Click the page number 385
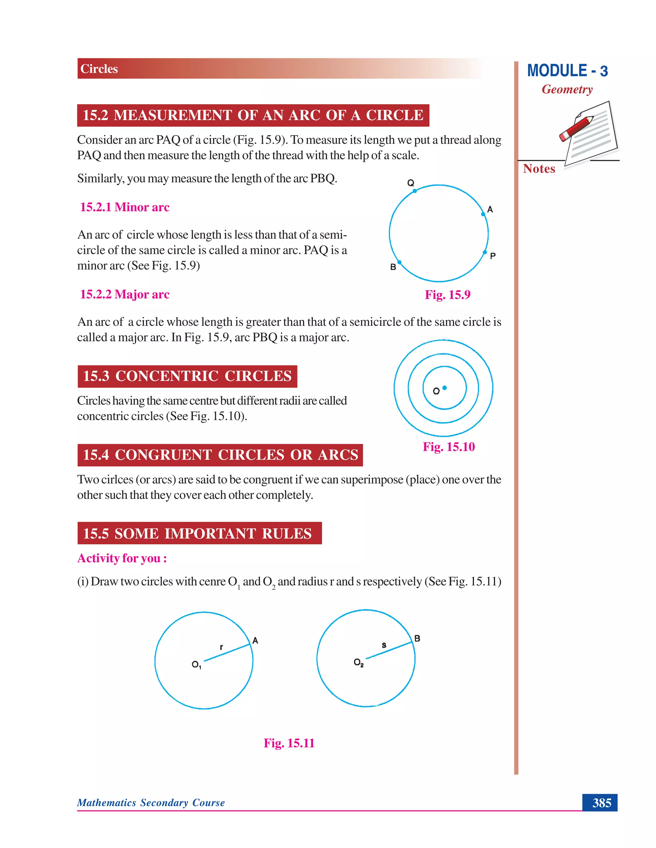coord(601,803)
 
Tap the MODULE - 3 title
coord(567,71)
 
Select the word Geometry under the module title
coord(567,89)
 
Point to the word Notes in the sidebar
coord(539,169)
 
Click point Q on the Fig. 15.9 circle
coord(415,191)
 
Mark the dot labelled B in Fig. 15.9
coord(399,262)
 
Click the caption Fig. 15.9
coord(447,295)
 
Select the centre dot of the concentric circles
coord(445,388)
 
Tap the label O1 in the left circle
coord(196,664)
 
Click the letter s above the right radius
coord(384,645)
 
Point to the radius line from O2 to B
coord(389,650)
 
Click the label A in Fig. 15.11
coord(255,640)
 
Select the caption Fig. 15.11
coord(289,743)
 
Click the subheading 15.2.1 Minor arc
coord(125,207)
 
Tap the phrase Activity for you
coord(122,558)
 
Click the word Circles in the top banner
coord(99,69)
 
